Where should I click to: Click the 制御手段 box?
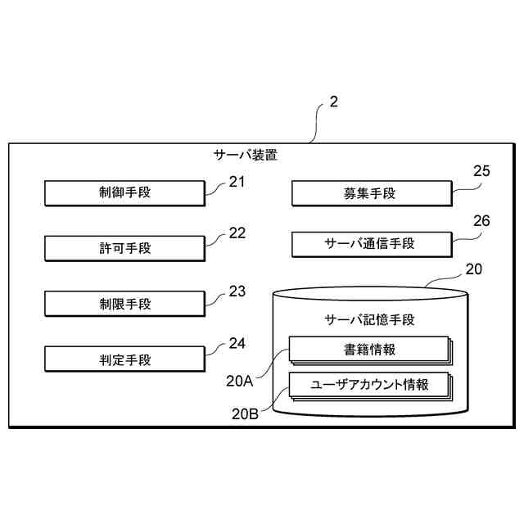124,193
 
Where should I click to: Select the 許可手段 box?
124,247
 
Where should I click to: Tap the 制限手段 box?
124,304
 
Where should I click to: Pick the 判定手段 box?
124,359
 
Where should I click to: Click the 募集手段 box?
370,193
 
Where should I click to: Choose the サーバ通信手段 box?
370,243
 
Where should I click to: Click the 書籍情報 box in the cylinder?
369,350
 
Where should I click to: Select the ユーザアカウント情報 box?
369,385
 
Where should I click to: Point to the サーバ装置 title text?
246,154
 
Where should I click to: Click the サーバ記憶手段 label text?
369,319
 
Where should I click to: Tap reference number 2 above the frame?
332,102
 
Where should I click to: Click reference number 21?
237,183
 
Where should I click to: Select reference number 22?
237,233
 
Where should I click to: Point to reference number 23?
237,291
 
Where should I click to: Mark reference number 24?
237,344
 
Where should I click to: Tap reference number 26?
482,221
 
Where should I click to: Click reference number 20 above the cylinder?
474,269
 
